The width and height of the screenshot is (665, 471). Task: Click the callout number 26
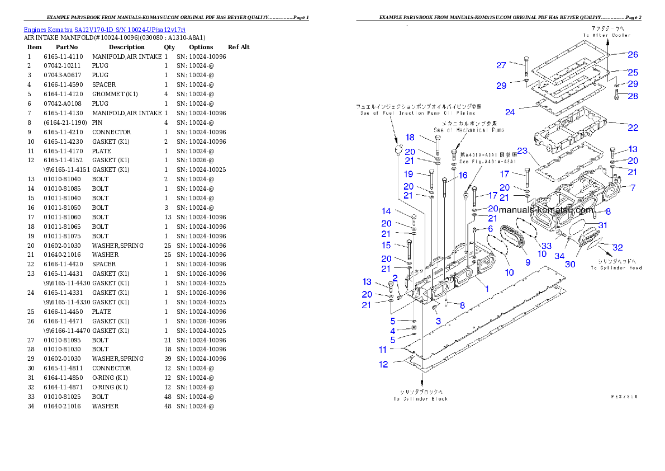[x=633, y=55]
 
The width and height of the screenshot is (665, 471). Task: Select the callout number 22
[x=633, y=128]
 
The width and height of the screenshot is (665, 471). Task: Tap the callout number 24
[x=510, y=112]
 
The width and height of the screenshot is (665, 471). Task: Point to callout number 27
[x=501, y=65]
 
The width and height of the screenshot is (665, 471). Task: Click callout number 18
[x=410, y=137]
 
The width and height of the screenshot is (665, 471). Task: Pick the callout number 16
[x=463, y=175]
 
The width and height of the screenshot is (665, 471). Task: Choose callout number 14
[x=386, y=211]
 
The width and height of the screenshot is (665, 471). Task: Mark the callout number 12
[x=383, y=364]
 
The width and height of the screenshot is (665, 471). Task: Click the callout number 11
[x=383, y=350]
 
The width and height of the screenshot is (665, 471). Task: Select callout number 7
[x=632, y=188]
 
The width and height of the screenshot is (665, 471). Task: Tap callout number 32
[x=617, y=247]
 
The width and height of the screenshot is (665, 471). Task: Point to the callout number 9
[x=526, y=262]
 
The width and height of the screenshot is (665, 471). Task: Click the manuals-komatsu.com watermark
[x=546, y=210]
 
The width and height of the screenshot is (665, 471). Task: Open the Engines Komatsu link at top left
[x=104, y=29]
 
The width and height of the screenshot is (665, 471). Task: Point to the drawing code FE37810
[x=624, y=396]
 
